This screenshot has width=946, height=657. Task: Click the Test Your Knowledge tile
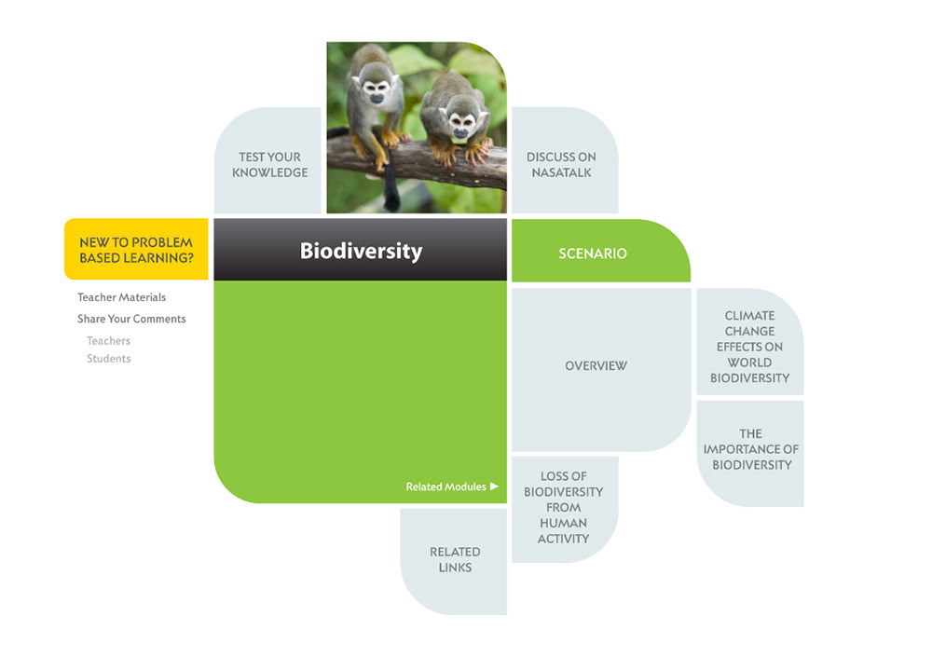[269, 164]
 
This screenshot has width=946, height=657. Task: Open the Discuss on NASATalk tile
[561, 164]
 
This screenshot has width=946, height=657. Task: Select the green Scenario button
[593, 253]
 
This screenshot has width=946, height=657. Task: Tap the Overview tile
[596, 366]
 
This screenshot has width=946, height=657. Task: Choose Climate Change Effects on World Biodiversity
[749, 347]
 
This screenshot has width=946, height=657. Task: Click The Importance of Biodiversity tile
[750, 449]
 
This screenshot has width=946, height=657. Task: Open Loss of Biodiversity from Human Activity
[563, 507]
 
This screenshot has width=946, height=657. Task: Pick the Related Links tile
[455, 559]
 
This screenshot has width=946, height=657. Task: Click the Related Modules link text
[446, 486]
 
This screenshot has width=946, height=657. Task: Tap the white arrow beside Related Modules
[495, 486]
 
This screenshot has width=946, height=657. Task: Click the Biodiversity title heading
[361, 251]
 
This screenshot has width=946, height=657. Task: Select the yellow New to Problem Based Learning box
[136, 250]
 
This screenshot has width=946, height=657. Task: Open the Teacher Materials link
[121, 297]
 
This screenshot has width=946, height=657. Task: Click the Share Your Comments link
[131, 319]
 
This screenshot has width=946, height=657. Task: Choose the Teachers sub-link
[108, 341]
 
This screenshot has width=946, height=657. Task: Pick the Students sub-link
[108, 359]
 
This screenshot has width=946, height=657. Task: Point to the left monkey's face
[376, 91]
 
